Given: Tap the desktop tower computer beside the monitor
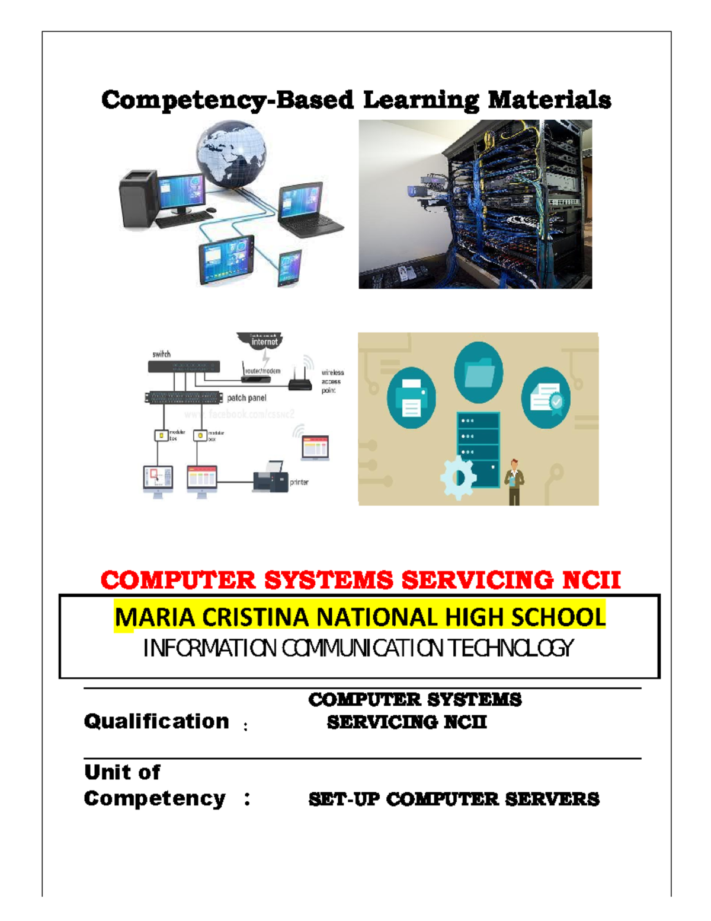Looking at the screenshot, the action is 139,199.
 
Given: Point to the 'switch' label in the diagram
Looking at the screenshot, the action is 161,354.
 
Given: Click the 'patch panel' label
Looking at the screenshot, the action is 246,398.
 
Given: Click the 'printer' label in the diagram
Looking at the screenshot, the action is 299,482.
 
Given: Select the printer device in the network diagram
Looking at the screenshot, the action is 270,477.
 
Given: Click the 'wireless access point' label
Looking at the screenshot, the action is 332,381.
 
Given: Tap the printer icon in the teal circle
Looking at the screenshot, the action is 411,398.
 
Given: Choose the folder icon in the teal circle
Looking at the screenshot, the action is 479,372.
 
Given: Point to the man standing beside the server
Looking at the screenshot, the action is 514,482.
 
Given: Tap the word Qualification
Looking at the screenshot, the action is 156,721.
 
